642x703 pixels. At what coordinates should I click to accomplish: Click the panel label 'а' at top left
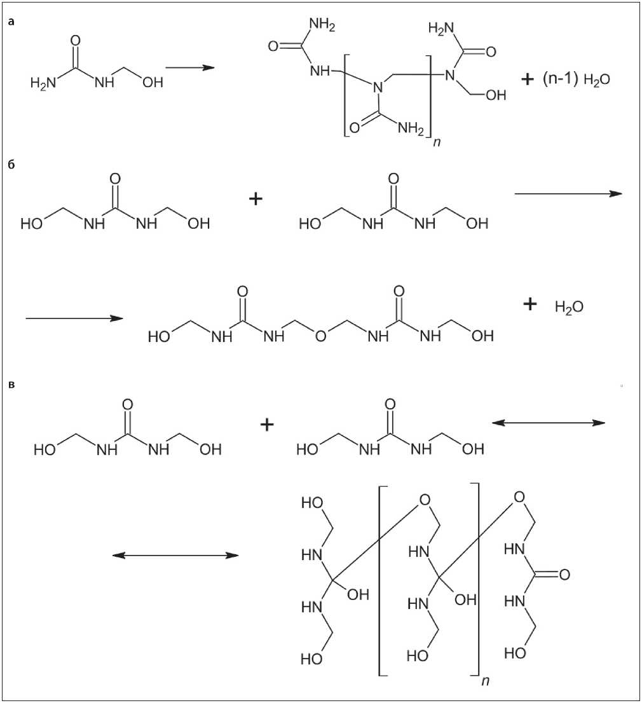pyautogui.click(x=11, y=22)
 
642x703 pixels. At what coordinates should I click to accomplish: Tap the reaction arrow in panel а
pyautogui.click(x=189, y=67)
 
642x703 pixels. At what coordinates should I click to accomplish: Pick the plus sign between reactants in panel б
pyautogui.click(x=256, y=199)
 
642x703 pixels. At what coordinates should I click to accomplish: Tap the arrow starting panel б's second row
pyautogui.click(x=74, y=317)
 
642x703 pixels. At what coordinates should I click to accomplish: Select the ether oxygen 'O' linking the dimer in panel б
pyautogui.click(x=320, y=336)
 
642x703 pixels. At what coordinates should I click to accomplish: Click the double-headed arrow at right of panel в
pyautogui.click(x=550, y=422)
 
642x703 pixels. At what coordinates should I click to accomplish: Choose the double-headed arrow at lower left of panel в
pyautogui.click(x=175, y=555)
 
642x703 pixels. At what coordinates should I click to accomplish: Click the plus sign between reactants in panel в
pyautogui.click(x=267, y=425)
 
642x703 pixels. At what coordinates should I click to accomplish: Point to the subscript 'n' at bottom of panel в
pyautogui.click(x=485, y=681)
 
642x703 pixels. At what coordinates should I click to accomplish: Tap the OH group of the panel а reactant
pyautogui.click(x=152, y=83)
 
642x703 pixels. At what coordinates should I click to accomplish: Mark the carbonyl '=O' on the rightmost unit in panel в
pyautogui.click(x=561, y=575)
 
